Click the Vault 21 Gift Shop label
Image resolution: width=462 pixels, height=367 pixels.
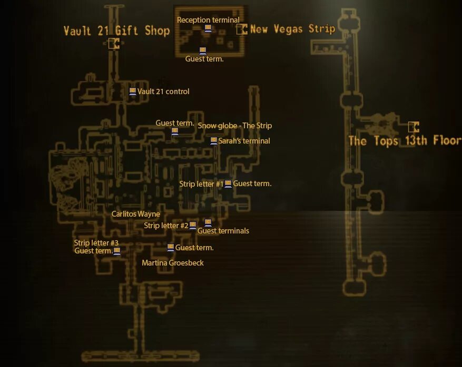pyautogui.click(x=116, y=30)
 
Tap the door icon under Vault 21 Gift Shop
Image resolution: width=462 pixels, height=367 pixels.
pyautogui.click(x=114, y=44)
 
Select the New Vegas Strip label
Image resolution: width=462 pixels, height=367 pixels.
pyautogui.click(x=292, y=29)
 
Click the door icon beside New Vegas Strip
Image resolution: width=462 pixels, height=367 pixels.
pyautogui.click(x=242, y=29)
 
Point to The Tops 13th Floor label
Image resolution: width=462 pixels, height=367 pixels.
pyautogui.click(x=405, y=141)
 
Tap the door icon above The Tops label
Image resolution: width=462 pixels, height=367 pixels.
pyautogui.click(x=414, y=127)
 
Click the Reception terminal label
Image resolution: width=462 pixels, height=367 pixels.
pyautogui.click(x=208, y=20)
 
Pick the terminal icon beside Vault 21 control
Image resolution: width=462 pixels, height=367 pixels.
pyautogui.click(x=133, y=91)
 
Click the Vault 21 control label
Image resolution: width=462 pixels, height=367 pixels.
pyautogui.click(x=163, y=91)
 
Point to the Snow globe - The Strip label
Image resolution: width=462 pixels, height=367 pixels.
pyautogui.click(x=234, y=126)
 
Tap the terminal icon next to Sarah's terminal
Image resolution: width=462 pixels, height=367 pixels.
pyautogui.click(x=213, y=141)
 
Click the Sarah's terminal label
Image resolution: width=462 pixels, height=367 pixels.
pyautogui.click(x=244, y=141)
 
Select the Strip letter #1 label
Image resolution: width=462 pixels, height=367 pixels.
pyautogui.click(x=201, y=184)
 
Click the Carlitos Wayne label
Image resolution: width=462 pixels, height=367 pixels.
pyautogui.click(x=135, y=214)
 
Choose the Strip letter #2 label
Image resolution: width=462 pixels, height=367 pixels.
pyautogui.click(x=166, y=226)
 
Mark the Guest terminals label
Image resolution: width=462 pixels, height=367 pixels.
pyautogui.click(x=223, y=231)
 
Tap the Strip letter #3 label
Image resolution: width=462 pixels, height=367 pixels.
pyautogui.click(x=96, y=243)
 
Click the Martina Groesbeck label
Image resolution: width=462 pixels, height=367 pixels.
pyautogui.click(x=172, y=262)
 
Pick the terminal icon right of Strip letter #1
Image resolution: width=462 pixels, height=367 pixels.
pyautogui.click(x=228, y=183)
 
